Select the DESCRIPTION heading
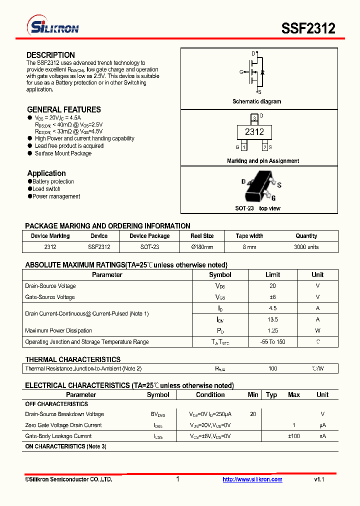[x=50, y=55]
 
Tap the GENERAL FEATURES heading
[x=63, y=109]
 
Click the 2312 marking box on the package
[x=254, y=132]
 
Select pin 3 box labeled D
[x=254, y=118]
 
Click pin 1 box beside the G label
[x=243, y=147]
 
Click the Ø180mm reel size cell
[x=202, y=247]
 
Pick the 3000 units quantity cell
[x=306, y=247]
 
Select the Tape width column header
[x=249, y=236]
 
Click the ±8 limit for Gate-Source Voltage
[x=272, y=297]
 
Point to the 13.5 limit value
[x=272, y=319]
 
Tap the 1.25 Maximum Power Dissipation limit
[x=272, y=330]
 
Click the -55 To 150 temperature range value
[x=272, y=342]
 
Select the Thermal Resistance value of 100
[x=272, y=368]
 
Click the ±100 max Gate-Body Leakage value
[x=293, y=436]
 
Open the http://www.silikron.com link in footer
[x=252, y=479]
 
